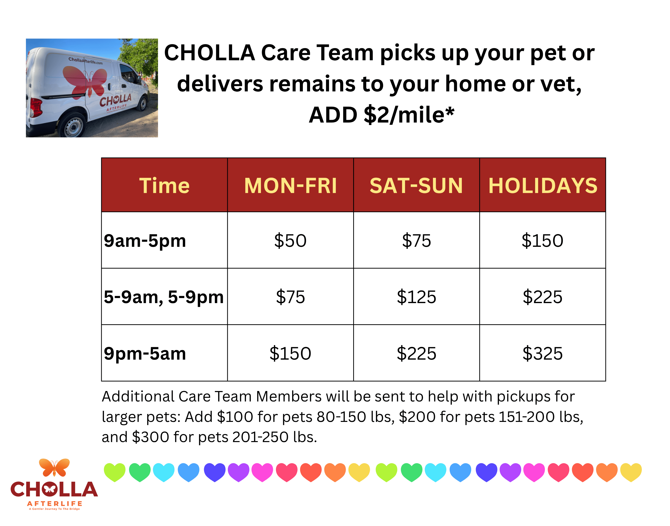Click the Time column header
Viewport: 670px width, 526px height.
164,186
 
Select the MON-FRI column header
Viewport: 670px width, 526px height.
290,186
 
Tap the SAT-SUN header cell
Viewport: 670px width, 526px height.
416,186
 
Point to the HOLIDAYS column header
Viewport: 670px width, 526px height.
543,186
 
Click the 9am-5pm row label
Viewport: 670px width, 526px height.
145,241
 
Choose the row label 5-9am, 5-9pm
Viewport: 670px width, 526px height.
164,297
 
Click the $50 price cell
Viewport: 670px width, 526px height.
290,241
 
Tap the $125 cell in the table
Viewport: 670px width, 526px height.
416,297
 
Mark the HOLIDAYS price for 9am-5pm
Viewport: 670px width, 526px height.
543,241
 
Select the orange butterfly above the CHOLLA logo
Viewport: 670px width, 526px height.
54,467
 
